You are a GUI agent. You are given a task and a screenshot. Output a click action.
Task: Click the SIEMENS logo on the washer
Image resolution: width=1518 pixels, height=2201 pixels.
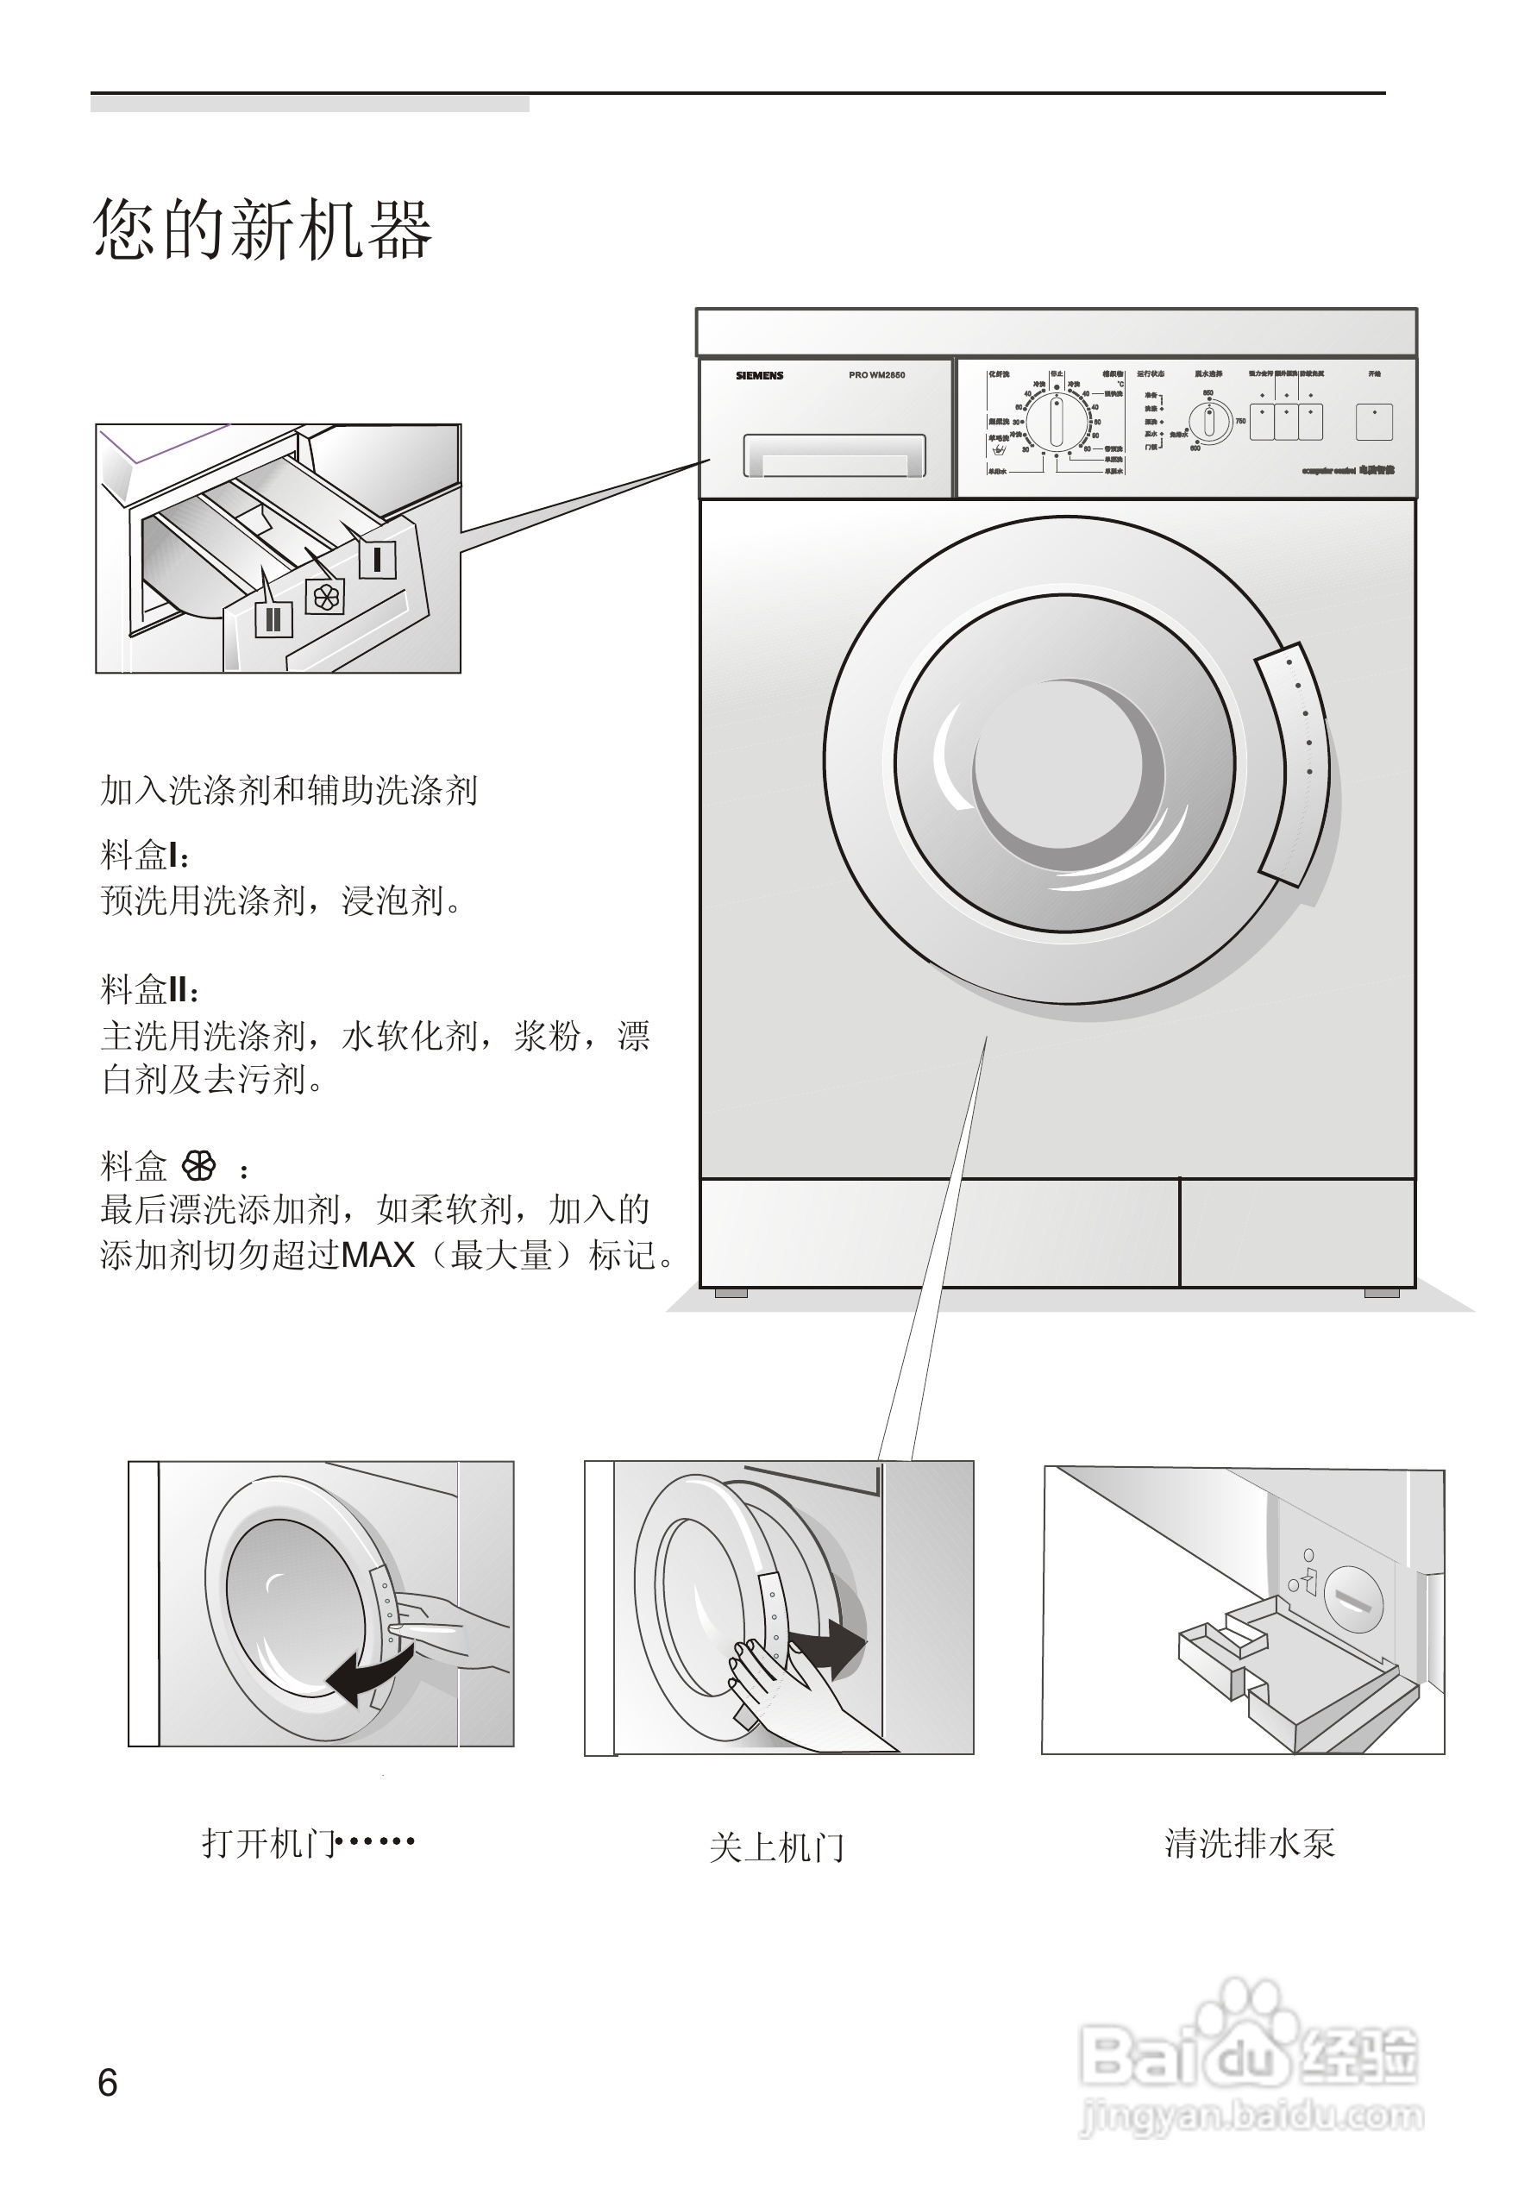click(x=759, y=376)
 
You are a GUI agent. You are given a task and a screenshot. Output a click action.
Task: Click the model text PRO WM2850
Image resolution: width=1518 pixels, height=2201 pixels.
click(x=876, y=376)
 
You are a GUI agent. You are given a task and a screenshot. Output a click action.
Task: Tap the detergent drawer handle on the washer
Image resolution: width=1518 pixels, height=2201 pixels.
click(x=833, y=455)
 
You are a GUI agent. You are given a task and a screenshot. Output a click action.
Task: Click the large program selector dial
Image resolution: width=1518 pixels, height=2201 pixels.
click(x=1056, y=423)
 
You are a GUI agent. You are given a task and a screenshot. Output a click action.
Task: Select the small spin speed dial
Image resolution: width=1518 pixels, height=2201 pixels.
click(x=1211, y=422)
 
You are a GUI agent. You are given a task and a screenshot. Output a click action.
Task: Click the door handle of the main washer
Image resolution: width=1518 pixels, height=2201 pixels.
click(x=1295, y=765)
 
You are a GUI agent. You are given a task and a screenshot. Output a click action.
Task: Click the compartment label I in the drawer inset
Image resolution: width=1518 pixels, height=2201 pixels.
click(x=377, y=559)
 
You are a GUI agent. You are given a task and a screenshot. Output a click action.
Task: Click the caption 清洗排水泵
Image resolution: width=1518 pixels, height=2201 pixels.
click(x=1249, y=1843)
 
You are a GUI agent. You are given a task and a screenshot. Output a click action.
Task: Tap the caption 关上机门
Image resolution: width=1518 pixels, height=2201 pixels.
click(x=776, y=1847)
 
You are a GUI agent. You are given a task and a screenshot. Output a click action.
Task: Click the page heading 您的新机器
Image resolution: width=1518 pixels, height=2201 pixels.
click(x=262, y=230)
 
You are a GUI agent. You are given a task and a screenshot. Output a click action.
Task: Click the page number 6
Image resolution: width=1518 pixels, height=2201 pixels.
click(x=108, y=2082)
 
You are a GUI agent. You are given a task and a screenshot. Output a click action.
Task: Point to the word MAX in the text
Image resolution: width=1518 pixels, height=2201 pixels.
click(x=378, y=1256)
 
